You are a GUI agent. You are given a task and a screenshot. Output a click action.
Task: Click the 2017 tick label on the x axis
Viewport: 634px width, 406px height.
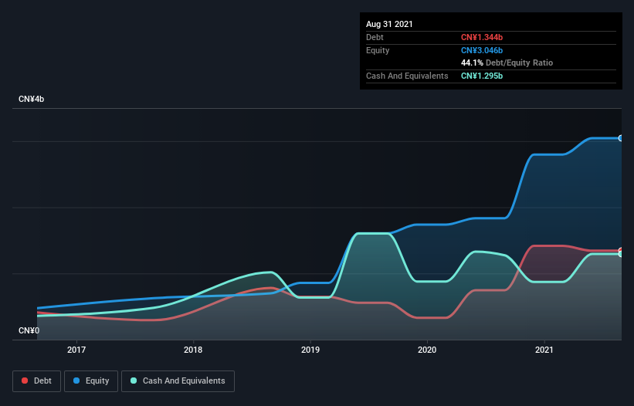coord(76,350)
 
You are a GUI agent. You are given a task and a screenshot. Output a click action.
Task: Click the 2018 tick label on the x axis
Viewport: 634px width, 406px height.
coord(193,350)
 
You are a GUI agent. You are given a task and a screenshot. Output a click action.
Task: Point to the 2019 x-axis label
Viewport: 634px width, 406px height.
coord(310,350)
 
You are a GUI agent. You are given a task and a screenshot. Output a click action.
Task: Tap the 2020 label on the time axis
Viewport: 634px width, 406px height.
coord(427,350)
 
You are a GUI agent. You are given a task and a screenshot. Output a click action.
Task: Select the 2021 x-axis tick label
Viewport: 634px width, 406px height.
coord(544,350)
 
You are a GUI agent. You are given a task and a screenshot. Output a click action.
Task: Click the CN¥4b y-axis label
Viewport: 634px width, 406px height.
coord(32,100)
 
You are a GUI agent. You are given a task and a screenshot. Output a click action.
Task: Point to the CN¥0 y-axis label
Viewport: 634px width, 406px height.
coord(29,330)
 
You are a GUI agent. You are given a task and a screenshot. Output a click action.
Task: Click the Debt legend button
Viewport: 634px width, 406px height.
coord(36,381)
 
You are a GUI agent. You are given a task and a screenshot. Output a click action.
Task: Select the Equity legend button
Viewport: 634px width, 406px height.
coord(92,381)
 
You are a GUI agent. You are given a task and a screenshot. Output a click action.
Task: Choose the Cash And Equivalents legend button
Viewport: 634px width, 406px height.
coord(178,381)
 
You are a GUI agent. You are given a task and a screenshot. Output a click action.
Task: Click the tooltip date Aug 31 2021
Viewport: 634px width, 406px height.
coord(389,24)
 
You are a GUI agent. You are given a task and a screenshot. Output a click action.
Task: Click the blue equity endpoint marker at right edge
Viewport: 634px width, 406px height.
coord(621,138)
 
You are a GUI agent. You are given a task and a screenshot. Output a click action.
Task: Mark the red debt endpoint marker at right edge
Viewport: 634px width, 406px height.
coord(621,250)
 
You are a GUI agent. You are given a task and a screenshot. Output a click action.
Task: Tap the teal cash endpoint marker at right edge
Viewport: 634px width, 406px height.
coord(621,254)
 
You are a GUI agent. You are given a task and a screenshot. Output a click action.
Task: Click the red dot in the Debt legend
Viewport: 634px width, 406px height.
coord(25,381)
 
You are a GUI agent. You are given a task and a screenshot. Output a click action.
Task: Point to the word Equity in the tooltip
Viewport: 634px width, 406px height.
coord(378,50)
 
